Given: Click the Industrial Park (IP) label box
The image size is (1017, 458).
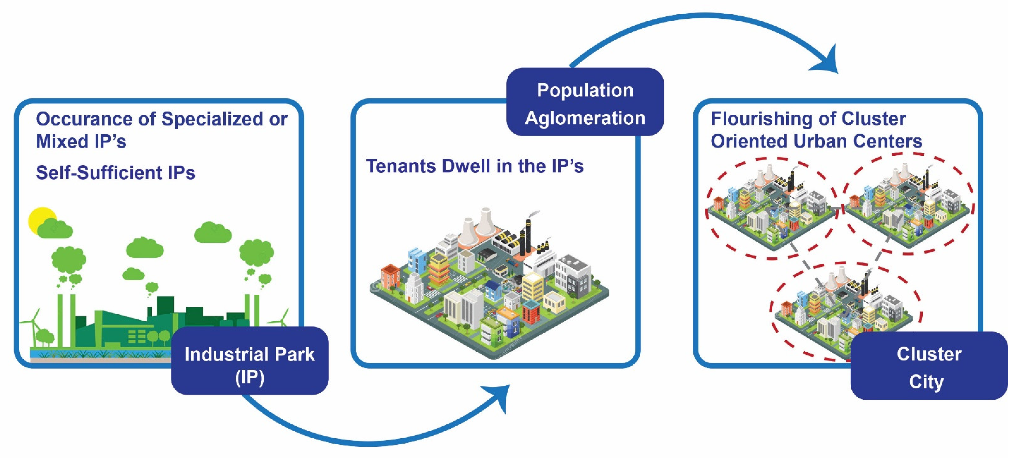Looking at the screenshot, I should (250, 360).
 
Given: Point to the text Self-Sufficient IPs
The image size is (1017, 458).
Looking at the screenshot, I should (115, 173).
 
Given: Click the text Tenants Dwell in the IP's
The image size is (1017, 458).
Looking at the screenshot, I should (474, 166).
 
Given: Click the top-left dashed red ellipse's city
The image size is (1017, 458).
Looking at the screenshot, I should (770, 209).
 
